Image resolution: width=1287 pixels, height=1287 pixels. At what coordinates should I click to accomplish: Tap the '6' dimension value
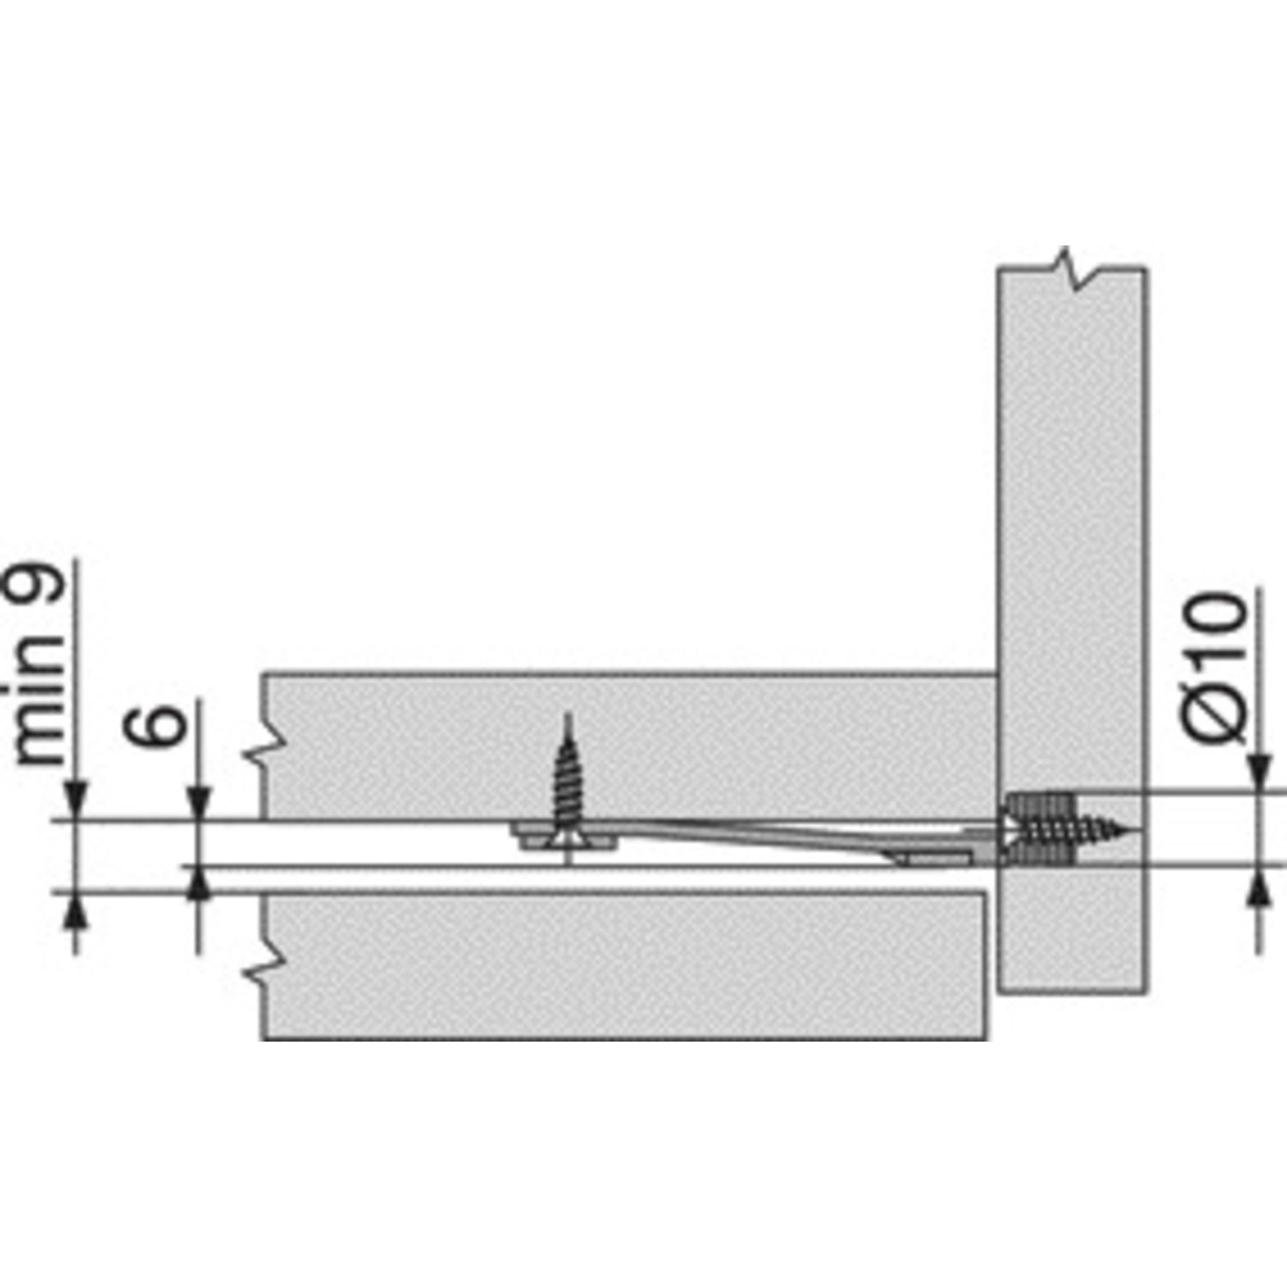(154, 724)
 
